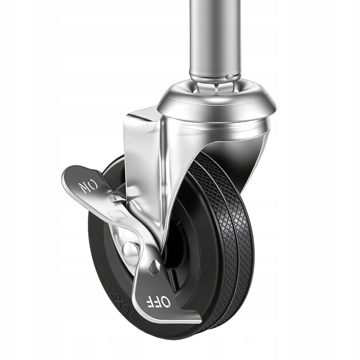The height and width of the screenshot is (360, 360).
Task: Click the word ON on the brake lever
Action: (88, 186)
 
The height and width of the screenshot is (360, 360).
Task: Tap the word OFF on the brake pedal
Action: (158, 302)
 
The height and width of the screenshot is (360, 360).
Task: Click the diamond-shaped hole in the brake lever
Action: (154, 267)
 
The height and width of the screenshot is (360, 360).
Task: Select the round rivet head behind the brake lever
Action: (131, 251)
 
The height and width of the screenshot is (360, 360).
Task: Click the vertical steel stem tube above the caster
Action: (215, 39)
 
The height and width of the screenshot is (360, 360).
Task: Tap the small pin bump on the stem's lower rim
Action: (229, 76)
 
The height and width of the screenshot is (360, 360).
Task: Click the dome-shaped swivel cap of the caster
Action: (217, 101)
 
